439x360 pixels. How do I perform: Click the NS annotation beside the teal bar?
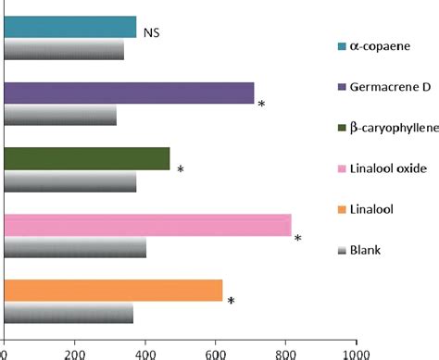point(154,32)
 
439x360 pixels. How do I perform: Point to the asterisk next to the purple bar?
point(262,105)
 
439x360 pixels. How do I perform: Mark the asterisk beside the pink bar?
point(298,239)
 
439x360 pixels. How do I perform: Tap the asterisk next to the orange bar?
point(231,302)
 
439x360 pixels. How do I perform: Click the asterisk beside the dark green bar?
point(181,170)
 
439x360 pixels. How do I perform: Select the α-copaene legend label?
point(378,45)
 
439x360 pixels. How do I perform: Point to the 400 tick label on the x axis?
point(145,353)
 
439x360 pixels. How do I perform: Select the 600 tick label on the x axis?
point(216,353)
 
